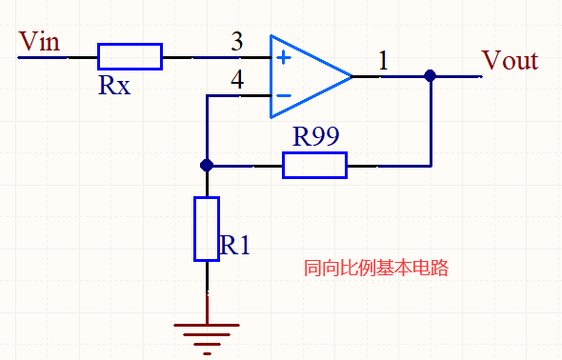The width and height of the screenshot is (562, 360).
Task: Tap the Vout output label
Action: coord(510,61)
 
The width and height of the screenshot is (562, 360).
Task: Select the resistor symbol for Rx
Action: coord(130,56)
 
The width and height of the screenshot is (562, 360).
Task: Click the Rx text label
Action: coord(114,87)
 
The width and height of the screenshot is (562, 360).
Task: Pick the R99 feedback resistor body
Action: coord(314,166)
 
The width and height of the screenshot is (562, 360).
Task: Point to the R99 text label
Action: coord(315,136)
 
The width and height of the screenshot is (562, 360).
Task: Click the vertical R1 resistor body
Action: coord(207,229)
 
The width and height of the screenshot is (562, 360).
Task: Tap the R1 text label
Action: coord(234,246)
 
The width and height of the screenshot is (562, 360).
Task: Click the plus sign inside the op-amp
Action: coord(283,57)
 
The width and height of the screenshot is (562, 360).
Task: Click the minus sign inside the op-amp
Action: coord(283,94)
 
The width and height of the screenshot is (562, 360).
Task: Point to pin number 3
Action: coord(236,42)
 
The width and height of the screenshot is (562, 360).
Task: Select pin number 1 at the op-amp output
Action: coord(383,61)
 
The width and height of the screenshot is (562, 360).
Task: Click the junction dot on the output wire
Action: coord(430,75)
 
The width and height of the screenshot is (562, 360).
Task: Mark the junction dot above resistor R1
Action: coord(207,166)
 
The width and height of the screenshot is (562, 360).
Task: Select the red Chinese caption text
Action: coord(374,269)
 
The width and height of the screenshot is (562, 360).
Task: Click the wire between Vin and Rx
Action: coord(57,57)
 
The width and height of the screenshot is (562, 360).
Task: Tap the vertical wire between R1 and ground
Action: coord(207,290)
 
